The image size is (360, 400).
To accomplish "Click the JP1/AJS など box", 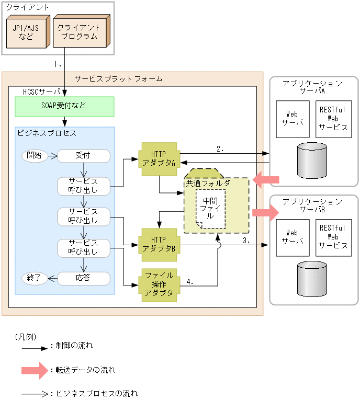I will click(x=26, y=32).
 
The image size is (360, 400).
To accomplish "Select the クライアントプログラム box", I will click(x=79, y=32).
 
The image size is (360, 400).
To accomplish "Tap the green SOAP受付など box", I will click(x=64, y=106).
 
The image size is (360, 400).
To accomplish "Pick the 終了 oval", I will click(x=34, y=278).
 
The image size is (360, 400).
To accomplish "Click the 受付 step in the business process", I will click(x=83, y=155).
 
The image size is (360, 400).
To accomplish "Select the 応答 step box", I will click(x=83, y=278).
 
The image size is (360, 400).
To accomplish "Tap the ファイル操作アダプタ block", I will click(x=159, y=284).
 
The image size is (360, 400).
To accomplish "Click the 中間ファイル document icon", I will click(x=211, y=209).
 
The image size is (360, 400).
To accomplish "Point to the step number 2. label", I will click(x=220, y=148).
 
